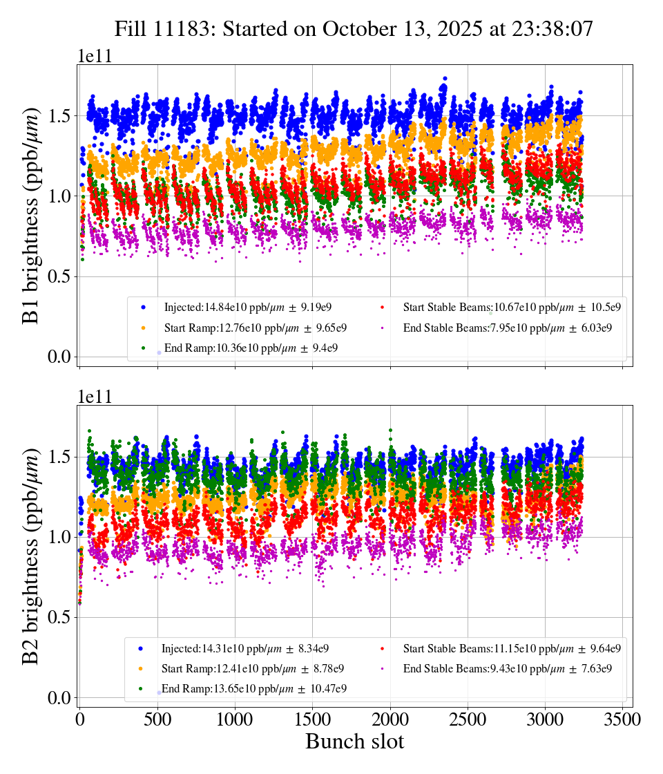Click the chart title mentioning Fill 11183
(354, 28)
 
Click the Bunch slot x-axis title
(354, 742)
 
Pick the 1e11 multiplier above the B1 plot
(95, 55)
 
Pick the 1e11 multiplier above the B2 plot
(95, 397)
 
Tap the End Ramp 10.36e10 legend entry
(251, 348)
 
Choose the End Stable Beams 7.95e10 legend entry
(508, 328)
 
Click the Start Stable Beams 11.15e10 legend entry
(512, 648)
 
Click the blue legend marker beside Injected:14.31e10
(140, 649)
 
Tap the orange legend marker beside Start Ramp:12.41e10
(140, 669)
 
